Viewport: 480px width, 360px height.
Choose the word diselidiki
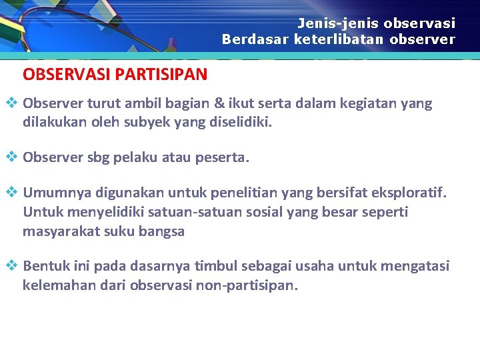pos(238,123)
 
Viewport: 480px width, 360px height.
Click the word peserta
pos(225,158)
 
